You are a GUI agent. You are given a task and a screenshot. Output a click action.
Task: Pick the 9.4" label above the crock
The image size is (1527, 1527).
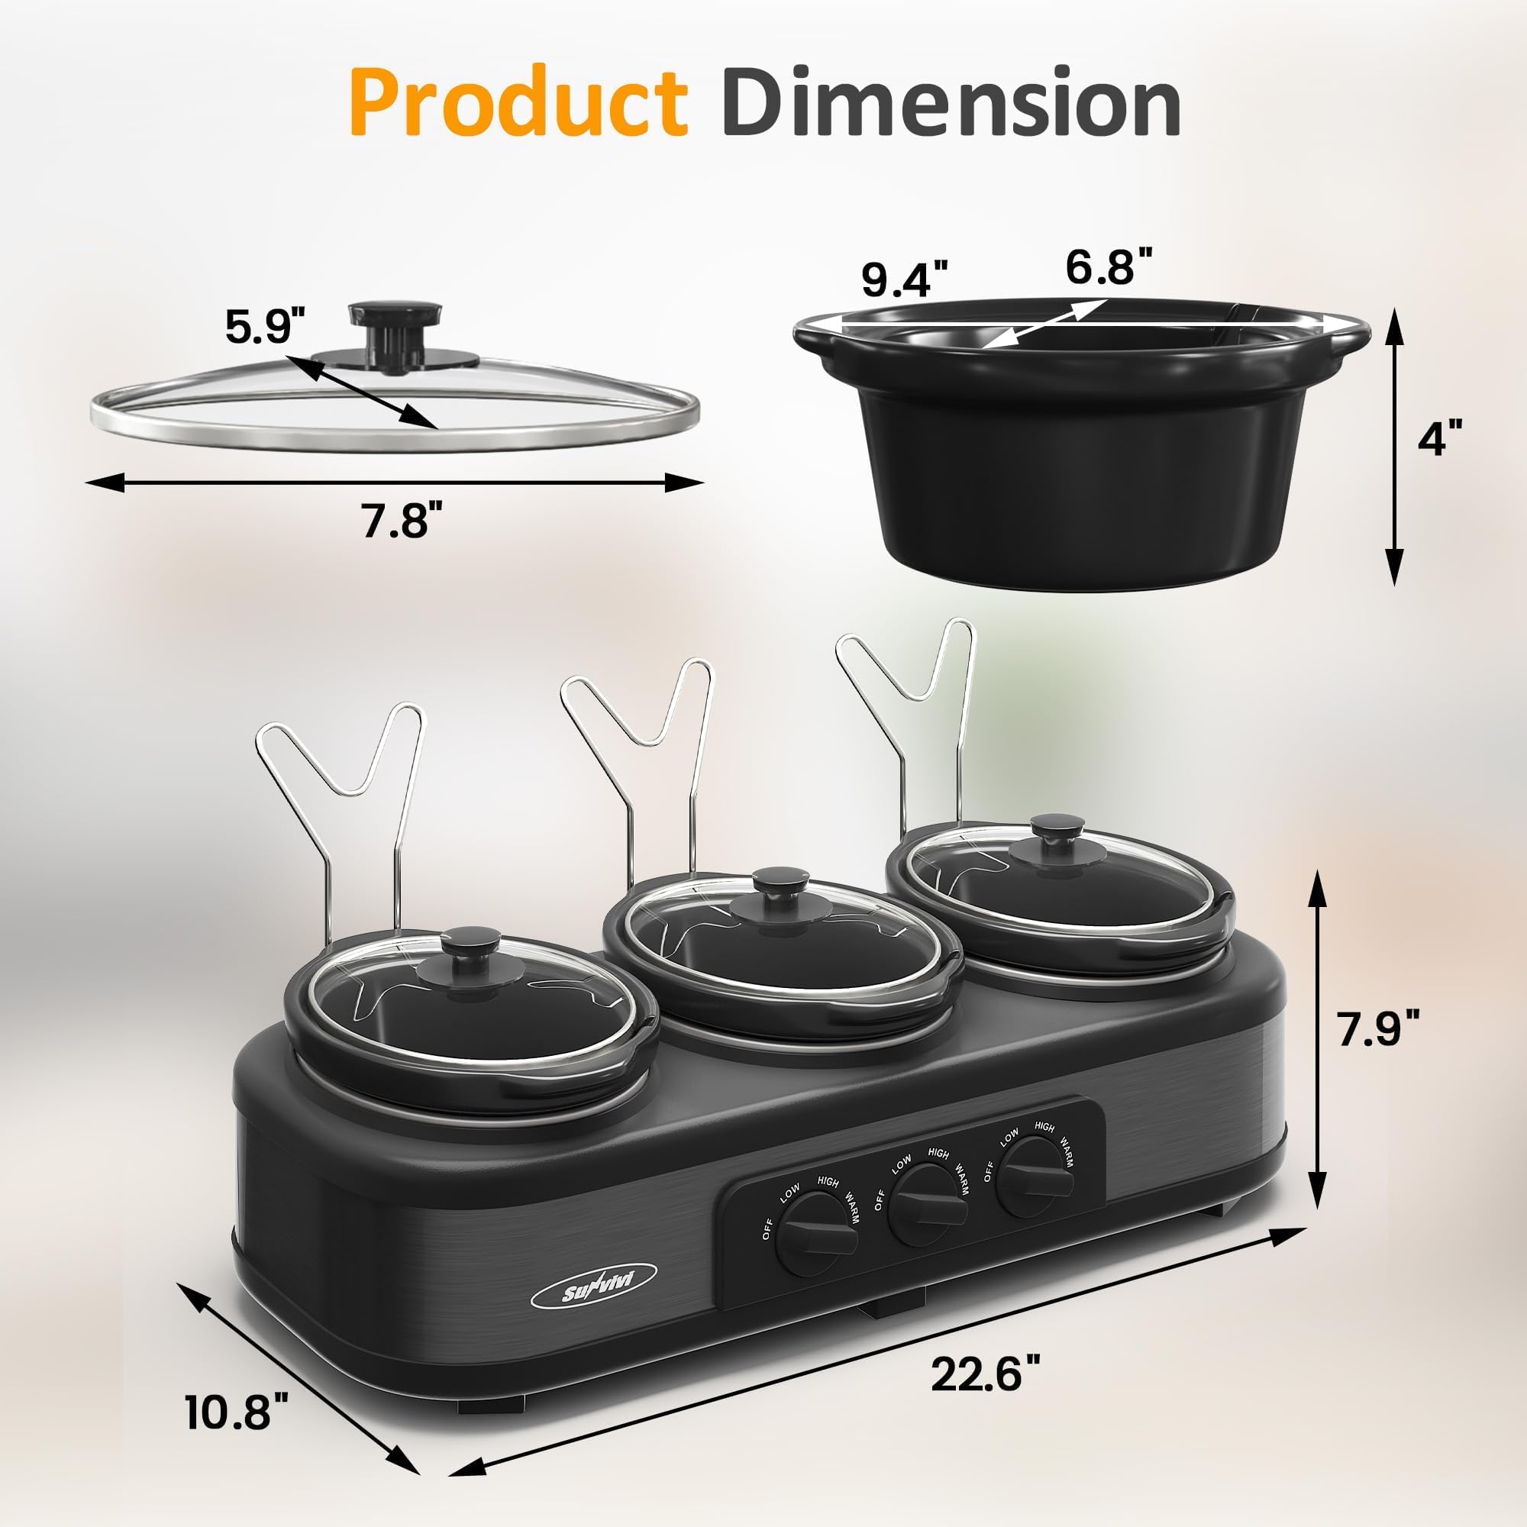click(903, 279)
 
